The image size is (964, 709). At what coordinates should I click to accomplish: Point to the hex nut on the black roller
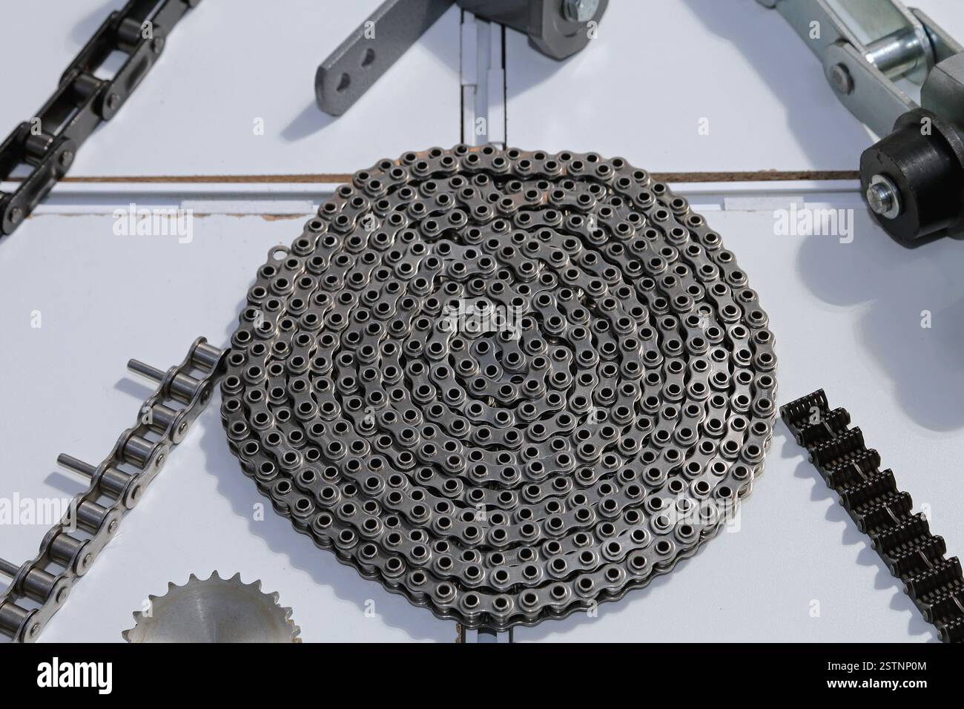883,194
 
